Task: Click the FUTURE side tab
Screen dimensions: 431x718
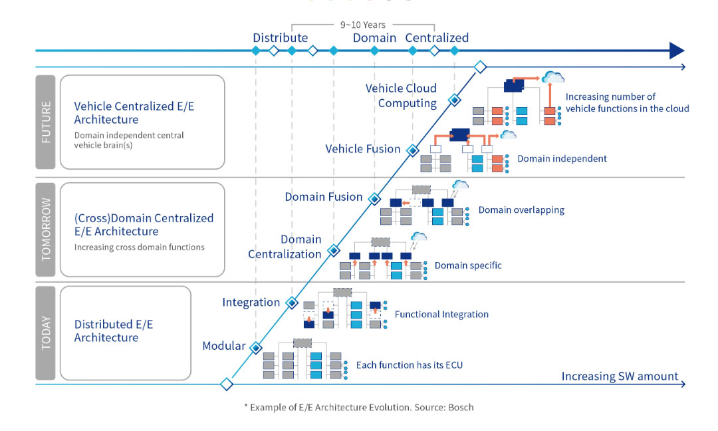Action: (45, 122)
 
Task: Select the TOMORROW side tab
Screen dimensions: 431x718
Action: (45, 229)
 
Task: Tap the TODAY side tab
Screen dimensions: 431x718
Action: (45, 333)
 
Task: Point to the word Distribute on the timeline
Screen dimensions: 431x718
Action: (280, 38)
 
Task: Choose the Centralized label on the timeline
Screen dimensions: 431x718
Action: (437, 38)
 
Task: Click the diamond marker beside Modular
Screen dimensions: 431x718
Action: (255, 347)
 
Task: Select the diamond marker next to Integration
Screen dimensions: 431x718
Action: (291, 303)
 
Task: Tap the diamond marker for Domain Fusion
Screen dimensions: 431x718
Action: (374, 198)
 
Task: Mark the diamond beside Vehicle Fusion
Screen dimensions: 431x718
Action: (412, 150)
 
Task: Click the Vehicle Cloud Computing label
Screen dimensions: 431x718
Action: (401, 96)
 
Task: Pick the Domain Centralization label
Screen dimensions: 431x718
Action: (285, 247)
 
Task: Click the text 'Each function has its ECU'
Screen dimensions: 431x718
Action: (409, 365)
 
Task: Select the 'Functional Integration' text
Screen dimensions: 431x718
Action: (441, 315)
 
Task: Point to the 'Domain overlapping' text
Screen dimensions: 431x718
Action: (521, 210)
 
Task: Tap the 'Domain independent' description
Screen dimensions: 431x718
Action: (562, 160)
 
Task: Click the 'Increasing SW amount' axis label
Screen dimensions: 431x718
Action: (620, 376)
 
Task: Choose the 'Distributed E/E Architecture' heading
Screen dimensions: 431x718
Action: (114, 331)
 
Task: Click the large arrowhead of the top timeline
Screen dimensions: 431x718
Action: (676, 51)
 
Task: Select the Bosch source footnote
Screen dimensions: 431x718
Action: (359, 407)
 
